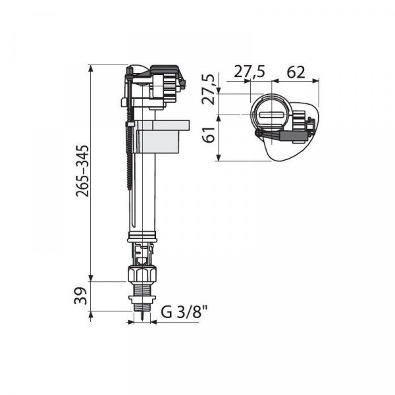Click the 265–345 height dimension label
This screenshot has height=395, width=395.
point(83,171)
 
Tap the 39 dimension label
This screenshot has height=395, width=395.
point(80,296)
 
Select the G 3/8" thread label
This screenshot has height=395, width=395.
point(184,312)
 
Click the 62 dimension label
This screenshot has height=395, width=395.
point(296,72)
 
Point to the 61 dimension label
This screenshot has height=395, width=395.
point(209,135)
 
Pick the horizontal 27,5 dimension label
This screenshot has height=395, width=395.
point(250,72)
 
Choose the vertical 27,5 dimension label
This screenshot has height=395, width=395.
point(209,89)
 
